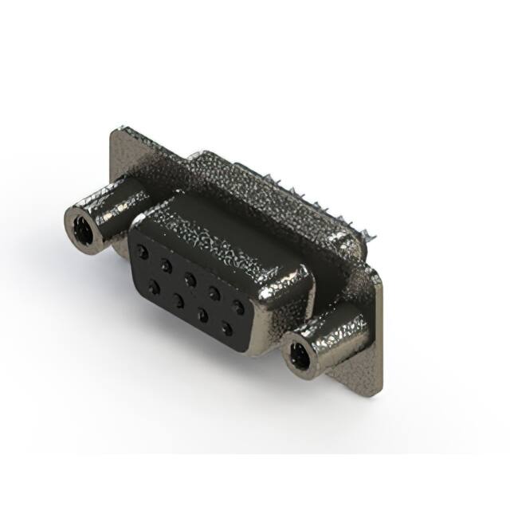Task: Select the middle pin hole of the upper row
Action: point(190,277)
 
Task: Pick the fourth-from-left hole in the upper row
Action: point(214,291)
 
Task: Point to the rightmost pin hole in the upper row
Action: point(237,305)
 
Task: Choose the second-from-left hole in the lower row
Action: point(177,299)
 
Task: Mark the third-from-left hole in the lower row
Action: point(202,313)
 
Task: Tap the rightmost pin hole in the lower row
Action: point(227,328)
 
